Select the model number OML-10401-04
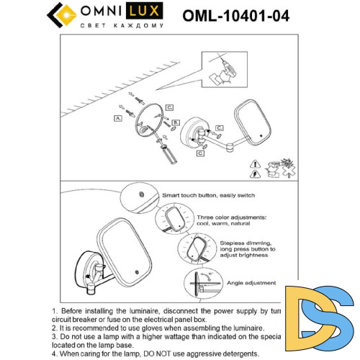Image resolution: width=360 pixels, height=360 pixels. coord(235,16)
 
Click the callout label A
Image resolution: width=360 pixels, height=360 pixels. coord(117,117)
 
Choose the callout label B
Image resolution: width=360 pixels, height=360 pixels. coord(175,123)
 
